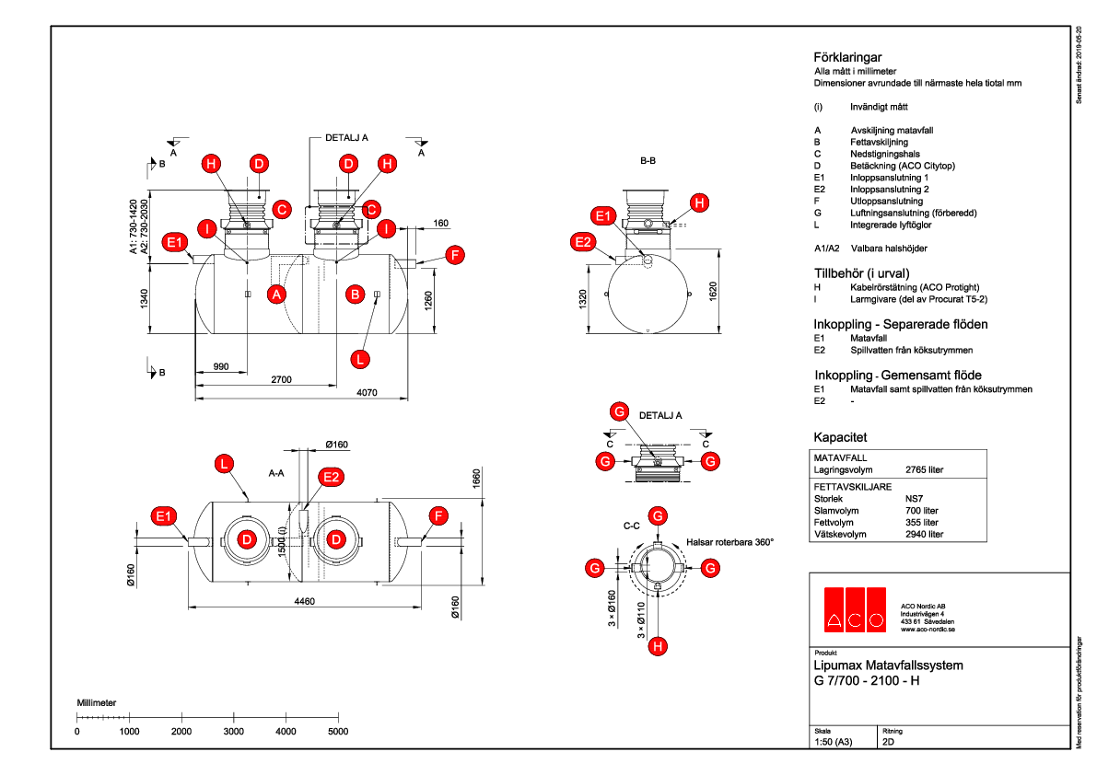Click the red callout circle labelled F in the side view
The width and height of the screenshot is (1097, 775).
point(453,256)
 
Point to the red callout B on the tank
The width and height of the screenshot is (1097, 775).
point(354,295)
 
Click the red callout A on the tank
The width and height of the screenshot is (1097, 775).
point(274,295)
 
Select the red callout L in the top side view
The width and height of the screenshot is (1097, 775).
point(361,357)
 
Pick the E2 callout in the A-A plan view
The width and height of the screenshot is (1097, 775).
point(331,476)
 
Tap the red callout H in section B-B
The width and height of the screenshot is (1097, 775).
point(700,202)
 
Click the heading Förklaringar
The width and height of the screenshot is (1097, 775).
point(842,57)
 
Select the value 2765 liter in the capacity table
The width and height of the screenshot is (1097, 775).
point(925,469)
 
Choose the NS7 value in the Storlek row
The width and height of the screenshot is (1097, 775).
point(916,498)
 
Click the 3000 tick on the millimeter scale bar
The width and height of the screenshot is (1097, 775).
point(234,731)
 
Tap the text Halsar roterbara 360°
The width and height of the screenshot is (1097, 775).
point(729,542)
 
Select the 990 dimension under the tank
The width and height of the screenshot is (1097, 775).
point(220,366)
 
